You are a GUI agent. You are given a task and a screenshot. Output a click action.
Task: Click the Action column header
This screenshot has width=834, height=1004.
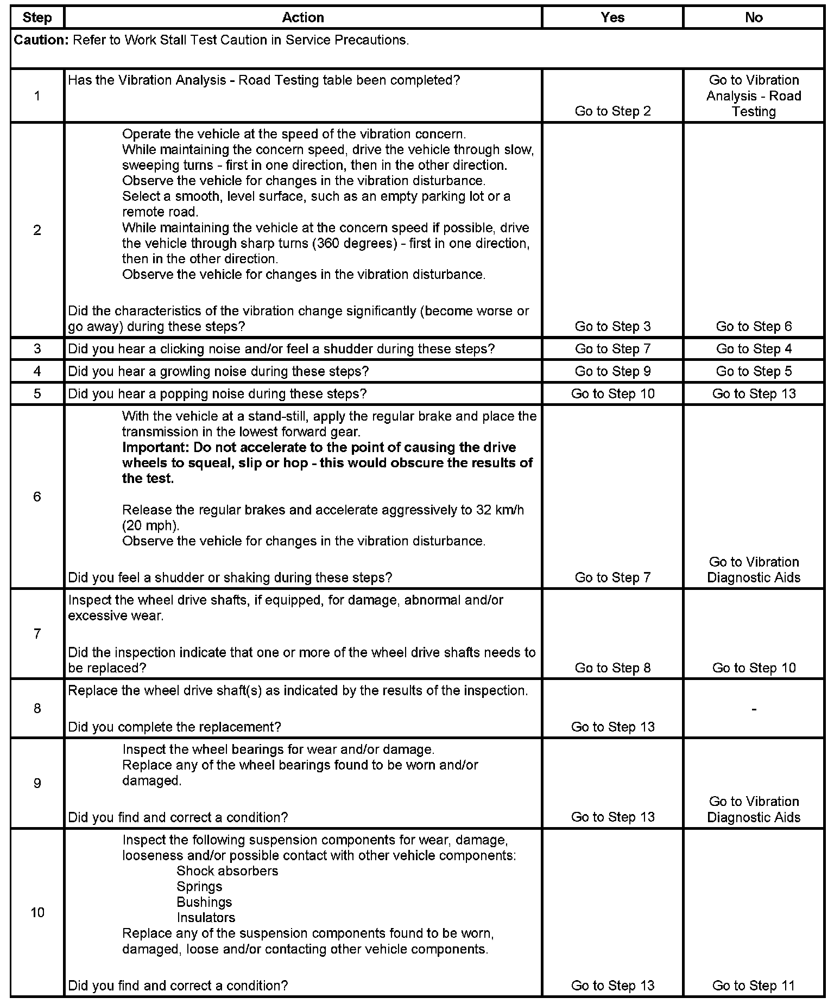pos(303,17)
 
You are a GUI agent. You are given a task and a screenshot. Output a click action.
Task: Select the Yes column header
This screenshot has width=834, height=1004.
pos(612,17)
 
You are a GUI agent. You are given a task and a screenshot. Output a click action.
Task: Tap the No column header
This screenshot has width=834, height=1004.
pos(754,17)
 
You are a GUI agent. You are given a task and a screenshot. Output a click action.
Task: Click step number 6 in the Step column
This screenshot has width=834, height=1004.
pos(37,497)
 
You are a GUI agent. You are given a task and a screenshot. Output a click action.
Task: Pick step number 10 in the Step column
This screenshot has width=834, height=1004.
pos(37,912)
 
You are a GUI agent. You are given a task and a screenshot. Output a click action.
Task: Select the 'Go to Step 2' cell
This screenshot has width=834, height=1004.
pos(612,111)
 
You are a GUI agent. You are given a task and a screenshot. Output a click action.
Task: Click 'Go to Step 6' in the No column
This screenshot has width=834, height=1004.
pos(754,326)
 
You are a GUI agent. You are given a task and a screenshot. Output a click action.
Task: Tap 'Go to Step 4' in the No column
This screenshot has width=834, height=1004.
pos(754,349)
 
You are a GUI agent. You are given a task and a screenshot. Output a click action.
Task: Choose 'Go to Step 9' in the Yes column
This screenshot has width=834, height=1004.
pos(612,371)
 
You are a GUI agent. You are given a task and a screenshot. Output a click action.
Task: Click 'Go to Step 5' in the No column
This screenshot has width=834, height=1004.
pos(754,371)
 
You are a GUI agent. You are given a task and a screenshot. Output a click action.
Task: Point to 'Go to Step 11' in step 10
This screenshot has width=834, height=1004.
pos(754,986)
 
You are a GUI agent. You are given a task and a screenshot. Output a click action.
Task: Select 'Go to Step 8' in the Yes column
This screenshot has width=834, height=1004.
pos(612,668)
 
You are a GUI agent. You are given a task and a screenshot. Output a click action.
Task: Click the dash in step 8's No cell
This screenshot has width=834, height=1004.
pos(754,709)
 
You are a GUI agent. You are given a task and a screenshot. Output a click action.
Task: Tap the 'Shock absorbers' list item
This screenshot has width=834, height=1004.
pos(227,871)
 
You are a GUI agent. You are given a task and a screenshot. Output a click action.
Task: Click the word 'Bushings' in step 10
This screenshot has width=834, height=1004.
pos(204,902)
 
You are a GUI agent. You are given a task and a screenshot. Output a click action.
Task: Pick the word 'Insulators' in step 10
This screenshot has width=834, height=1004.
pos(206,918)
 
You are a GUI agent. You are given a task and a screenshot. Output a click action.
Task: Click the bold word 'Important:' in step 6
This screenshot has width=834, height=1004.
pos(156,448)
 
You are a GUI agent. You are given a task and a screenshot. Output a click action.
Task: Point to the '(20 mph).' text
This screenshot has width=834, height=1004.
pos(150,526)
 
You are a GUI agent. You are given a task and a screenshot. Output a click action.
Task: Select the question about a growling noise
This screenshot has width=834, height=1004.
pos(218,371)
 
